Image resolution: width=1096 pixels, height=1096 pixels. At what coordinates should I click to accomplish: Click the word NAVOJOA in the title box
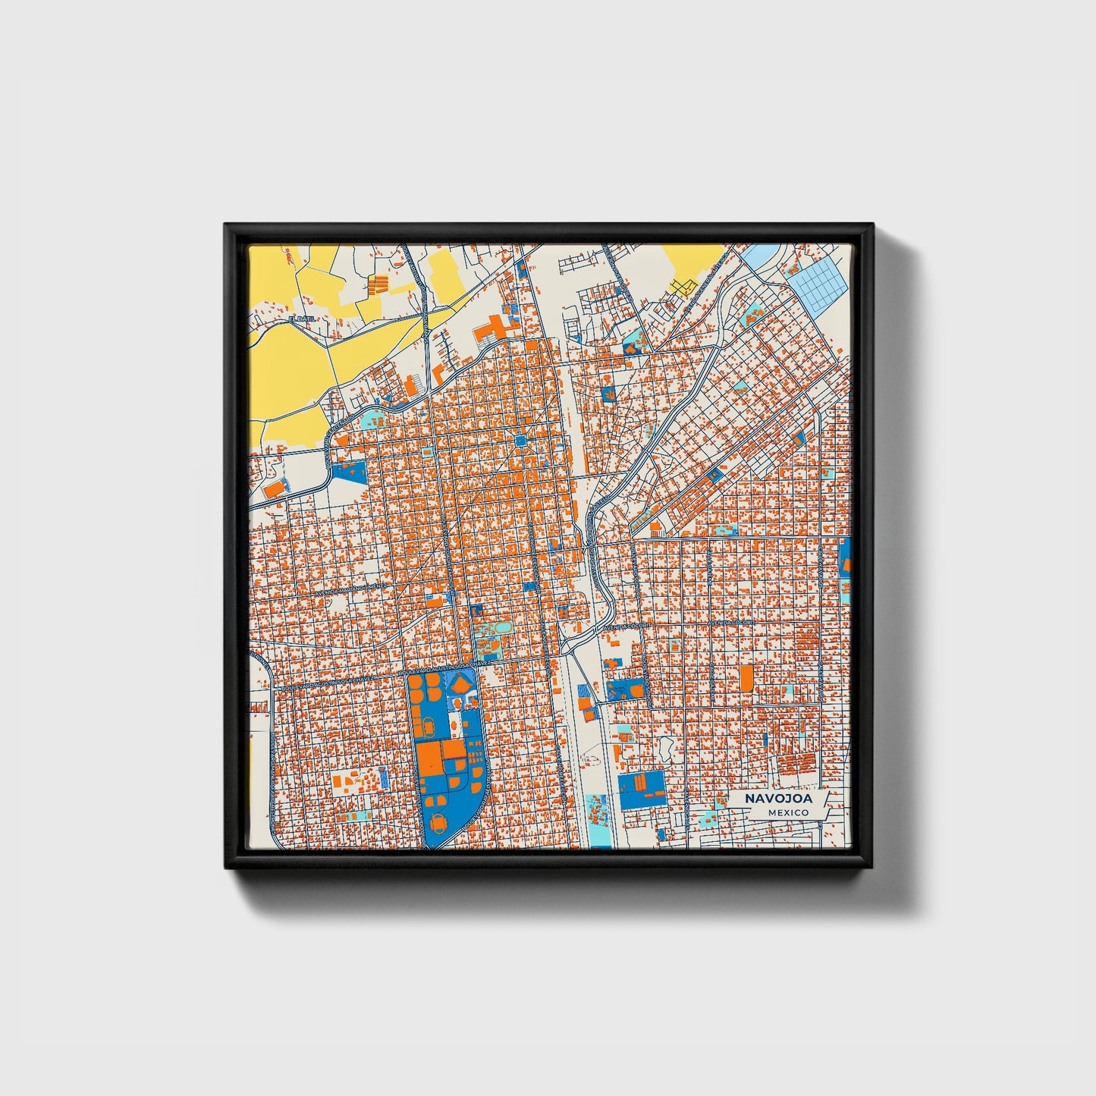tap(777, 799)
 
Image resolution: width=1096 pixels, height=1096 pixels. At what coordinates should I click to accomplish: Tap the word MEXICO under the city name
tap(787, 812)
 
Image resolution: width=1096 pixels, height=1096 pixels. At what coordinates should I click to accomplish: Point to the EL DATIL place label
tap(301, 320)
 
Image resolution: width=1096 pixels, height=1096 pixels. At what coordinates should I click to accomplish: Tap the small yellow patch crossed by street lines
tap(683, 285)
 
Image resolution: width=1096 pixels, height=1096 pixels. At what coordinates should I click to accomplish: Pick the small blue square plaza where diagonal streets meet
tap(521, 441)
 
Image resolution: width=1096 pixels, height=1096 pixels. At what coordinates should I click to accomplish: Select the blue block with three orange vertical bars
tap(642, 789)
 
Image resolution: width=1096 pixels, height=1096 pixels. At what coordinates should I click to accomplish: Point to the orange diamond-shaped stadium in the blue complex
tap(461, 685)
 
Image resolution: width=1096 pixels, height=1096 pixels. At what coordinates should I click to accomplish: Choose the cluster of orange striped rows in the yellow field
tap(378, 285)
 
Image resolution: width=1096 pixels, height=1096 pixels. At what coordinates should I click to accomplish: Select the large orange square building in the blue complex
tap(429, 757)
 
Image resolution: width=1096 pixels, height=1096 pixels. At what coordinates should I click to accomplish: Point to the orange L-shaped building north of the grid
tap(438, 373)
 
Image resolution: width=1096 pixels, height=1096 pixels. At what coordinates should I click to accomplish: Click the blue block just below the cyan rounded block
tap(350, 471)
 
